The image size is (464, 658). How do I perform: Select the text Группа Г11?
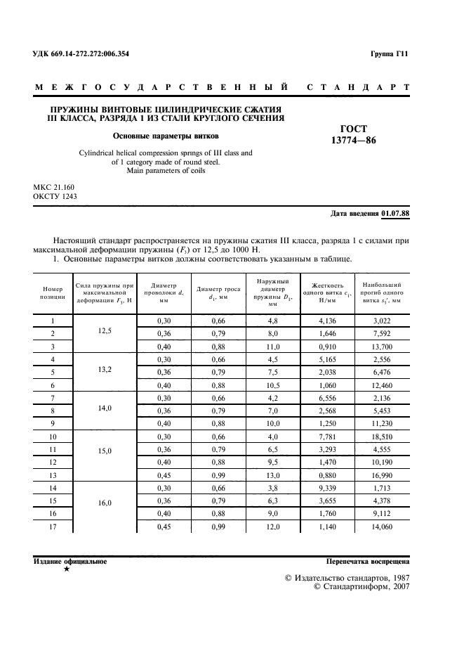tap(389, 54)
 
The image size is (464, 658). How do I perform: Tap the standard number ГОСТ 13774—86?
tap(354, 134)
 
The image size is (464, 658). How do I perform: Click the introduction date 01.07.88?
tap(395, 213)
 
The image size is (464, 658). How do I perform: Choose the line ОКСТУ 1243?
tap(55, 196)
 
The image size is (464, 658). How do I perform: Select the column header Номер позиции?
tap(53, 292)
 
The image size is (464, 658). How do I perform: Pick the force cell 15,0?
tap(104, 451)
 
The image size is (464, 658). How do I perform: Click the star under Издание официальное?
tap(66, 569)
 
